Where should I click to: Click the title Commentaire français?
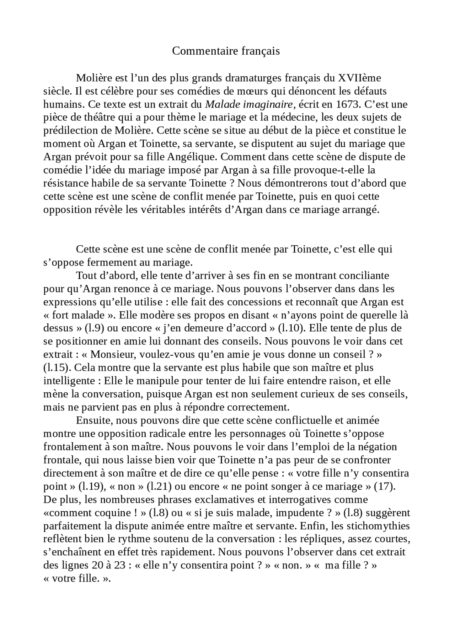tap(226, 51)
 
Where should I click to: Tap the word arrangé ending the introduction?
tap(362, 210)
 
